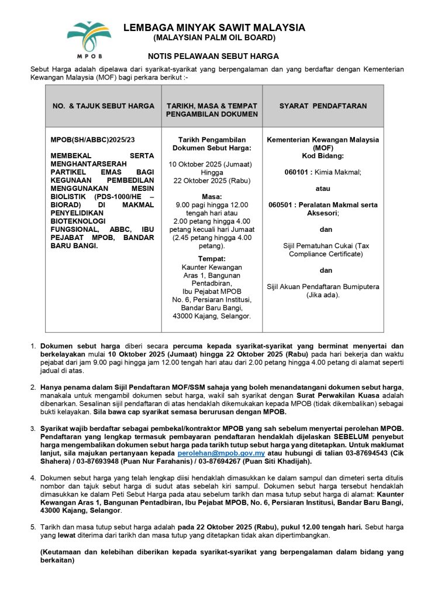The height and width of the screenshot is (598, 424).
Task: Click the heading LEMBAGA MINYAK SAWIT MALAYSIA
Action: coord(214,28)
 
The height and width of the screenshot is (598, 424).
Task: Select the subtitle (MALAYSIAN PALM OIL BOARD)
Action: coord(214,38)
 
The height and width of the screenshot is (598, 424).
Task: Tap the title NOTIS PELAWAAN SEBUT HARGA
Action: coord(213,57)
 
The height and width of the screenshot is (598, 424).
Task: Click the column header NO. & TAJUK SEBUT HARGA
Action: coord(104,106)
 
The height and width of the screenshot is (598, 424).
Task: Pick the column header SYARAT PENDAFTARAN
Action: coord(323,106)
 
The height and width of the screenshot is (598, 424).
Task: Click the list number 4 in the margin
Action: coord(33,478)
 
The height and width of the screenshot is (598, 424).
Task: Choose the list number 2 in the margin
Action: coord(33,387)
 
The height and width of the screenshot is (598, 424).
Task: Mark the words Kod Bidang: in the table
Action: coord(323,156)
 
